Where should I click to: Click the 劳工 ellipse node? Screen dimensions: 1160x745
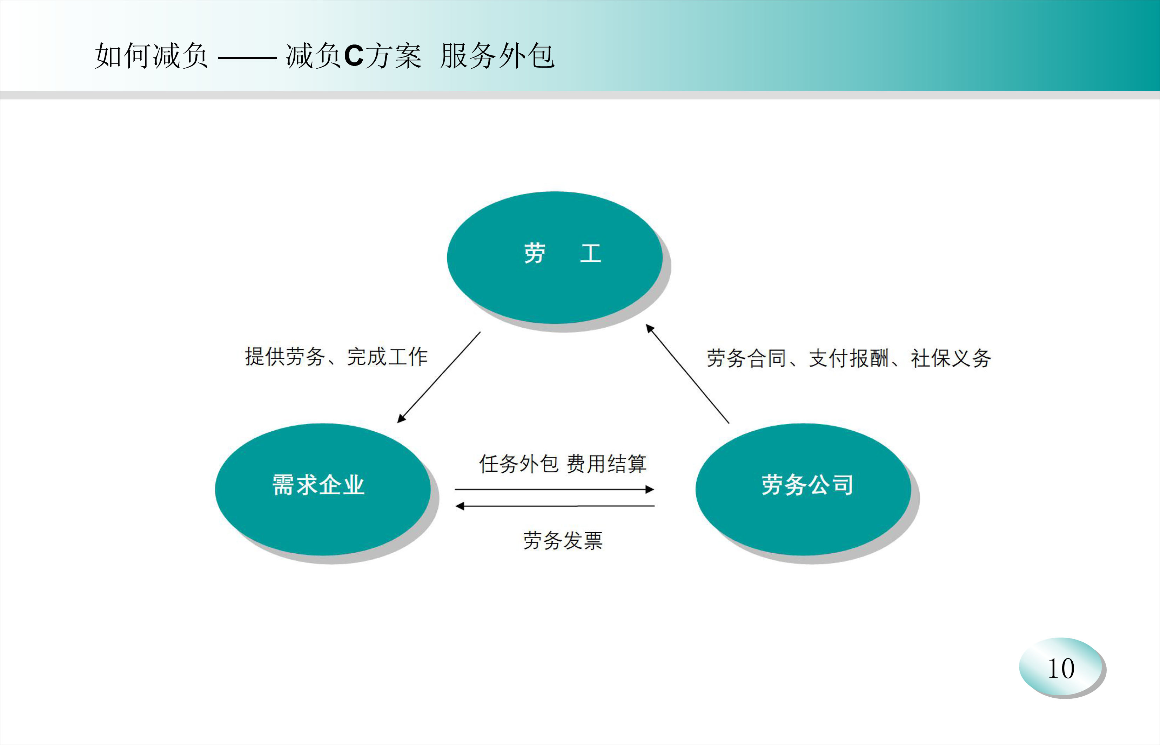[555, 257]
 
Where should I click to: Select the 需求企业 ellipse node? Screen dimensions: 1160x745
[323, 489]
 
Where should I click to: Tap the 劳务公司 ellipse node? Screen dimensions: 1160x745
[803, 489]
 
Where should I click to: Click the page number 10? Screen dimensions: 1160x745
[1061, 669]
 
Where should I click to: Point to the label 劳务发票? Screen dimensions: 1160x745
[563, 540]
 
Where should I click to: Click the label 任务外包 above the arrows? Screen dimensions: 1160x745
[519, 464]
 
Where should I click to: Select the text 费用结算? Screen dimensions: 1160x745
[606, 464]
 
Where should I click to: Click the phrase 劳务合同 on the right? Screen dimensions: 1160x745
[746, 358]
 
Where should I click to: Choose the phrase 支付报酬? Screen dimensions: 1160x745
[849, 358]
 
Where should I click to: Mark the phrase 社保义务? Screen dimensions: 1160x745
[951, 358]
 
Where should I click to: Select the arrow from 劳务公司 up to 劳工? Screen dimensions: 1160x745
[688, 374]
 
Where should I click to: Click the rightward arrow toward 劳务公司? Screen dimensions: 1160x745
[554, 490]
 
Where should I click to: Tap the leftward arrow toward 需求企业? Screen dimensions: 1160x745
[555, 506]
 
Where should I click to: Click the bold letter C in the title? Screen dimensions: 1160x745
[354, 56]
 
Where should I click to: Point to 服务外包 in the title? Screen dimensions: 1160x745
[497, 56]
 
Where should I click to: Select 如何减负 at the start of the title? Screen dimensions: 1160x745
[152, 56]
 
